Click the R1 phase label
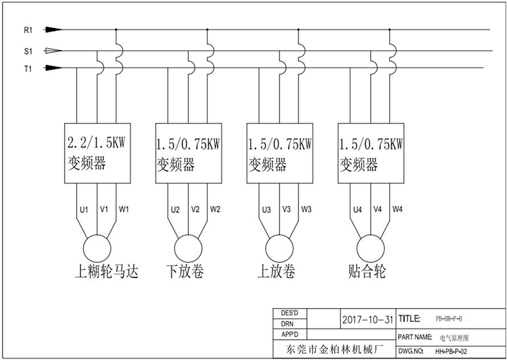27,30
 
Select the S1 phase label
27,51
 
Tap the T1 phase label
27,68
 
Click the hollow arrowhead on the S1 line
55,51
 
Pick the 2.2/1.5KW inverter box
96,152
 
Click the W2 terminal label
215,209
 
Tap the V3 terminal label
286,209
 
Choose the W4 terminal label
398,209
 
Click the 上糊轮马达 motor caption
106,272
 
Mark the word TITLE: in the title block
409,318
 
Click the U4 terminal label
357,209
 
